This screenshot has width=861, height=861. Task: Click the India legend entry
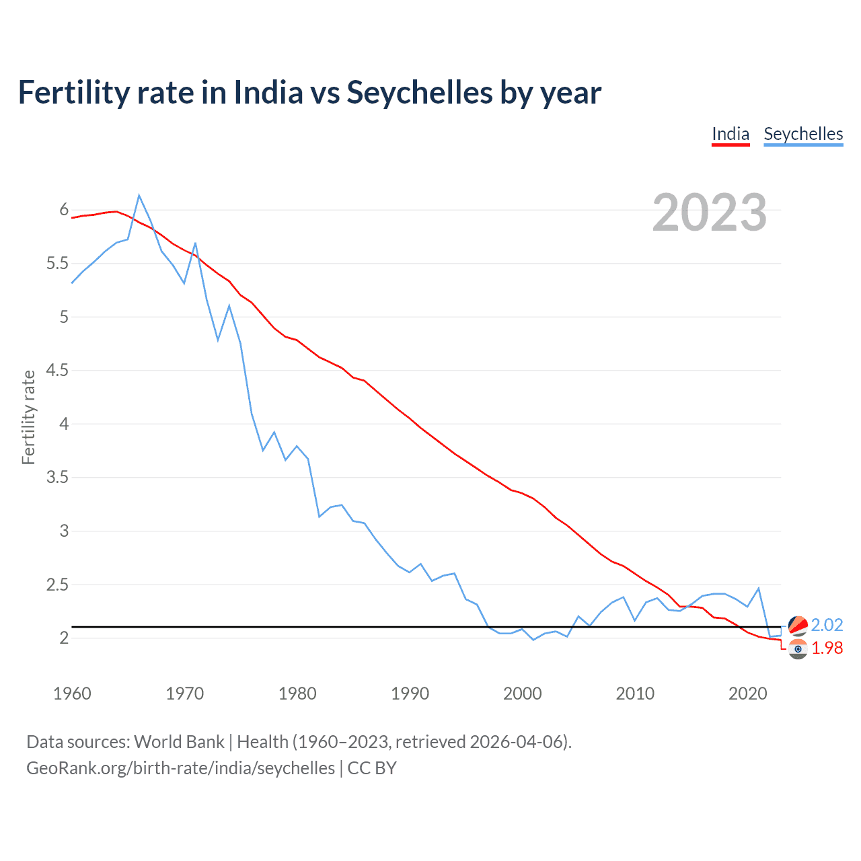pos(731,134)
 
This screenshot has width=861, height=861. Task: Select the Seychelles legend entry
pos(803,134)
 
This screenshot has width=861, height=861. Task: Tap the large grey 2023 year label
pos(710,213)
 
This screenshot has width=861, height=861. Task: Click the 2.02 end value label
pos(827,625)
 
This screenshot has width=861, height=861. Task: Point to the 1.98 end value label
pos(827,648)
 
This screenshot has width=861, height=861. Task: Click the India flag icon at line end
pos(798,649)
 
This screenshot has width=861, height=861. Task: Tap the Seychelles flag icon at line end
pos(798,626)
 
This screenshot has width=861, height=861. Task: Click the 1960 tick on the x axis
pos(72,694)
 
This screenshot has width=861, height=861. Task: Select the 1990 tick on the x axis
pos(410,694)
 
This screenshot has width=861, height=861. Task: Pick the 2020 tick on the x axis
pos(747,694)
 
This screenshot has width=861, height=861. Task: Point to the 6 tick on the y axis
pos(64,210)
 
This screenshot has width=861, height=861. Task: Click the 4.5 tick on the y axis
pos(57,370)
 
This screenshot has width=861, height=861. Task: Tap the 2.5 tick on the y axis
pos(57,585)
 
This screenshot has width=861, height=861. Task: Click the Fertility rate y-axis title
pos(28,417)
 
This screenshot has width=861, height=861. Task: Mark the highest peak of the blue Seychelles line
pos(139,196)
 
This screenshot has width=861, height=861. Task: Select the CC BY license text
pos(372,768)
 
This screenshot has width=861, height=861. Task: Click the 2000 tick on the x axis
pos(522,694)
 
